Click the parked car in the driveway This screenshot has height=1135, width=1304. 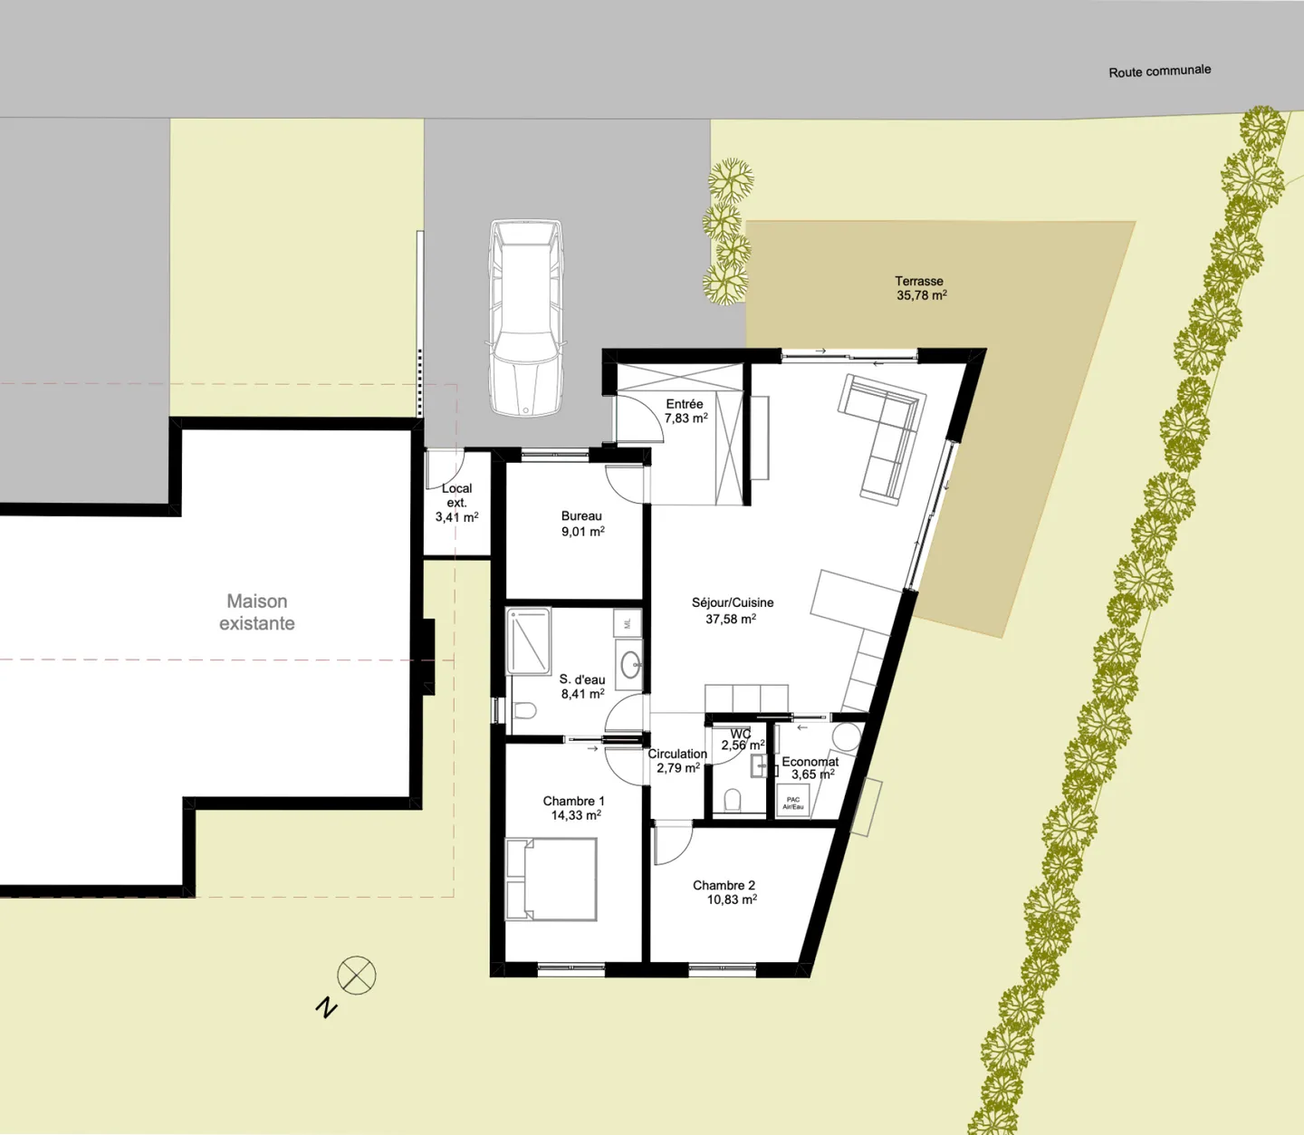point(525,318)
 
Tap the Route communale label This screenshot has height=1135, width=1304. point(1159,71)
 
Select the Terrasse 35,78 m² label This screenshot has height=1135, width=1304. point(920,288)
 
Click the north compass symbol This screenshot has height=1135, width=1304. point(356,976)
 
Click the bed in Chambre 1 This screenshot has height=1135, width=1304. point(551,880)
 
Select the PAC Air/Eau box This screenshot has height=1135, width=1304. point(793,802)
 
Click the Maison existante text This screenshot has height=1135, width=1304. point(257,612)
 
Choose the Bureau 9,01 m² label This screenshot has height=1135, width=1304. point(581,524)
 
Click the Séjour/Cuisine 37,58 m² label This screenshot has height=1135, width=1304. point(732,611)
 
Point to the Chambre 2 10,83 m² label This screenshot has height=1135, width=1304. point(724,892)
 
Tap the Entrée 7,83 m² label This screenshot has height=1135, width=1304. point(685,411)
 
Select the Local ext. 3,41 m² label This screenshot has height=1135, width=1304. point(456,503)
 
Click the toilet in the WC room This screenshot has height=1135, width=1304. point(733,800)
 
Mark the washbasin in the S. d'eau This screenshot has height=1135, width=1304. point(630,665)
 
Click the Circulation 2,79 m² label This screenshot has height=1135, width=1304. point(677,761)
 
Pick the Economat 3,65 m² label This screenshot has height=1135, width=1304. point(810,768)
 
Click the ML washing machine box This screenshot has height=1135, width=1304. point(628,623)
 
